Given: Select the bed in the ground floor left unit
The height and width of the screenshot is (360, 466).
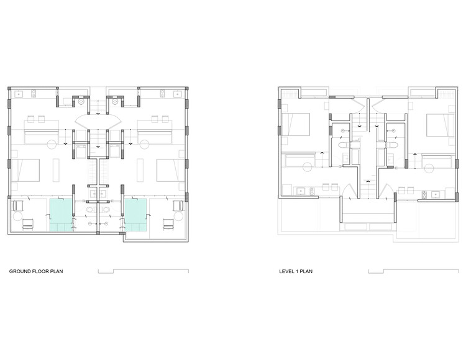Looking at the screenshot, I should click(25, 170).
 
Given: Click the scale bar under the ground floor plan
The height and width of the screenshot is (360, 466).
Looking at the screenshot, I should click(143, 271).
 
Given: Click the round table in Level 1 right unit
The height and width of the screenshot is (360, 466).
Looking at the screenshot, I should click(428, 166).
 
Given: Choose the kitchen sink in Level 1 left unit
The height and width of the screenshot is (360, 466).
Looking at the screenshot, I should click(301, 191).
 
